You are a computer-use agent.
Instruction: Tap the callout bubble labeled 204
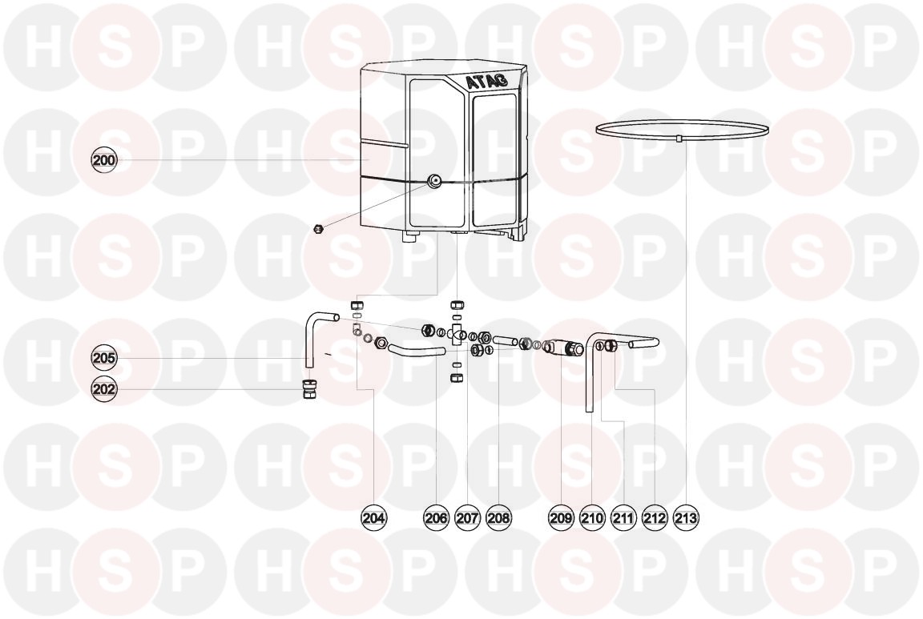374,518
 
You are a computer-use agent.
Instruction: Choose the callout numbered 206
436,518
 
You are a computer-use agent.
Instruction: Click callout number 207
467,518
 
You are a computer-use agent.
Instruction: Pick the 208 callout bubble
498,518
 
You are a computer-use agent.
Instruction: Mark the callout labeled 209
561,518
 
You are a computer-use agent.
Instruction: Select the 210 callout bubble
592,518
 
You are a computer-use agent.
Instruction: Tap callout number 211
623,518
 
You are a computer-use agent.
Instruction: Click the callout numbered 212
655,518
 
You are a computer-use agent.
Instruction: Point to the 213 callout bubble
687,518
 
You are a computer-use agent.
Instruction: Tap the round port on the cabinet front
434,180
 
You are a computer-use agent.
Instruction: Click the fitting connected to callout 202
308,389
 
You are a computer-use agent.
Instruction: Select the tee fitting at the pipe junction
457,335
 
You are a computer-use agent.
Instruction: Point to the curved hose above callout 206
415,351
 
